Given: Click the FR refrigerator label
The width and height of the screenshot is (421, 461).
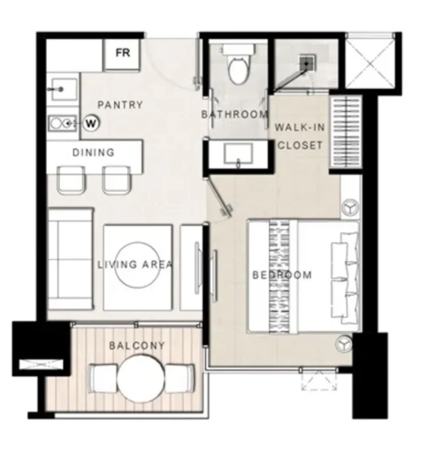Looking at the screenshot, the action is pos(122,53).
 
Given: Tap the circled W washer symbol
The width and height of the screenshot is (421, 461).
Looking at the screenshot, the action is pos(91,124).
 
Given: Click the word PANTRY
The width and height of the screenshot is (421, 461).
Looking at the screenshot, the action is pos(120,105).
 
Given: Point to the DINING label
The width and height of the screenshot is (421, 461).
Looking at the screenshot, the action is pos(93,152).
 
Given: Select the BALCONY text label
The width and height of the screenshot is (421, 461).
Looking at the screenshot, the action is pos(137,345).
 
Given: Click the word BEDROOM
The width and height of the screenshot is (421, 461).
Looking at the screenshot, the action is pos(282,275).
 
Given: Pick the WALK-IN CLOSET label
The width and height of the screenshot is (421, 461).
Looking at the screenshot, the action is pos(300,136).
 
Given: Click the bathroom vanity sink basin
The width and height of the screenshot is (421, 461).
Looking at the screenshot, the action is pos(239,154).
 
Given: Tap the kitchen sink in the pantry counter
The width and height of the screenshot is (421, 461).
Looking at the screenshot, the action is pos(64,89).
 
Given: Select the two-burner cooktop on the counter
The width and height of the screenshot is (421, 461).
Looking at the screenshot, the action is pos(62,123).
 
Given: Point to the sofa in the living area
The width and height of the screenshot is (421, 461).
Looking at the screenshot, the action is pos(70,259).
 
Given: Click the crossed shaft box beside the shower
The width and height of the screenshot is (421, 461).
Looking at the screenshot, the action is pos(370,61).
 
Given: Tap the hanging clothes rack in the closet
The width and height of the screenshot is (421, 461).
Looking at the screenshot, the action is pos(346,132).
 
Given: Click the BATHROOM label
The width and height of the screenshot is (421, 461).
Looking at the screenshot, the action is pos(234,114).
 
